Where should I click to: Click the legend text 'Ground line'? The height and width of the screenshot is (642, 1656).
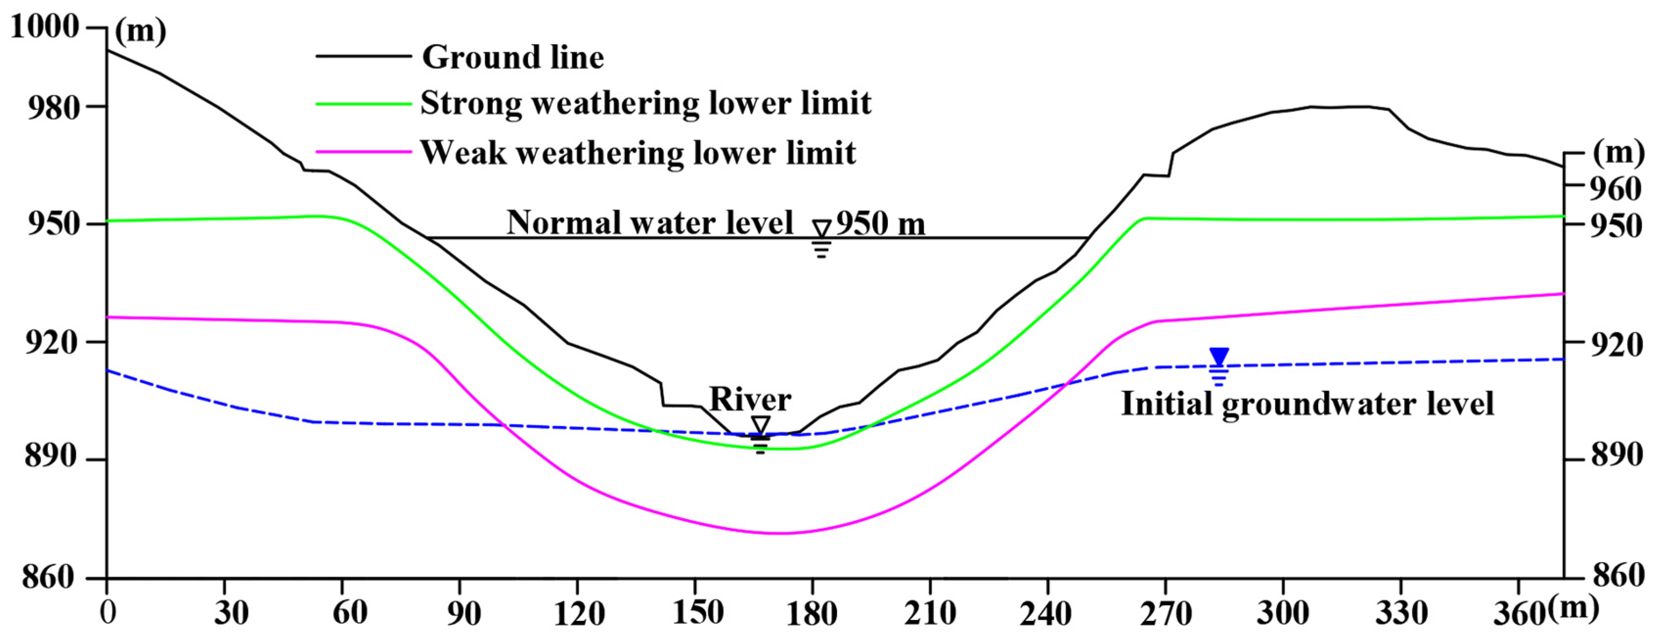click(x=512, y=57)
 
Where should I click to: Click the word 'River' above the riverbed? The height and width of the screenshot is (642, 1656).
click(x=750, y=399)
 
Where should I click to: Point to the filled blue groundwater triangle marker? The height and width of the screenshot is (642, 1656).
click(x=1219, y=356)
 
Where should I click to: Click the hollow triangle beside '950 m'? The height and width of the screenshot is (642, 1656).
click(x=821, y=229)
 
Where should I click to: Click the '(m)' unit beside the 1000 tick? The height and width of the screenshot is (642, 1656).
click(x=141, y=31)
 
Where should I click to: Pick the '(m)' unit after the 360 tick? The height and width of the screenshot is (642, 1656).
click(x=1573, y=607)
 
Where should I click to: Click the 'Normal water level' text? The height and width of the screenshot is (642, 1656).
click(x=649, y=223)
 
